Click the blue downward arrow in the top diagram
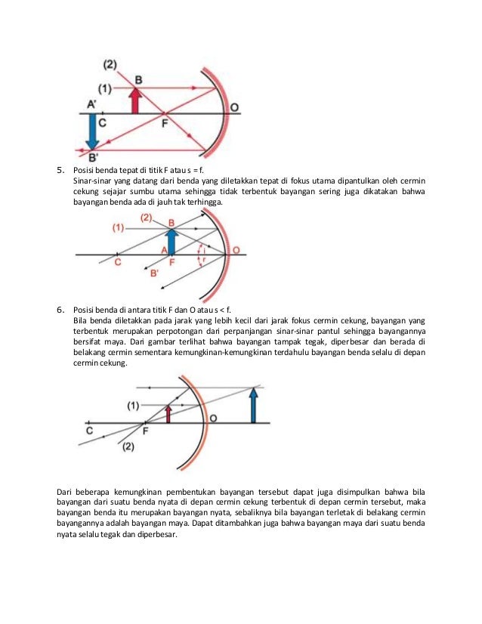[92, 131]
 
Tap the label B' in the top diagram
[93, 157]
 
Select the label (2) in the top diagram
[110, 63]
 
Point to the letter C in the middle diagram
[117, 262]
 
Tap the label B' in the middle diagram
[154, 273]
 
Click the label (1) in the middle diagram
[118, 227]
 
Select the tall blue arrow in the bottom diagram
[252, 404]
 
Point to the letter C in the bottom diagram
[90, 431]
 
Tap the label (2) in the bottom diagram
[128, 446]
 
